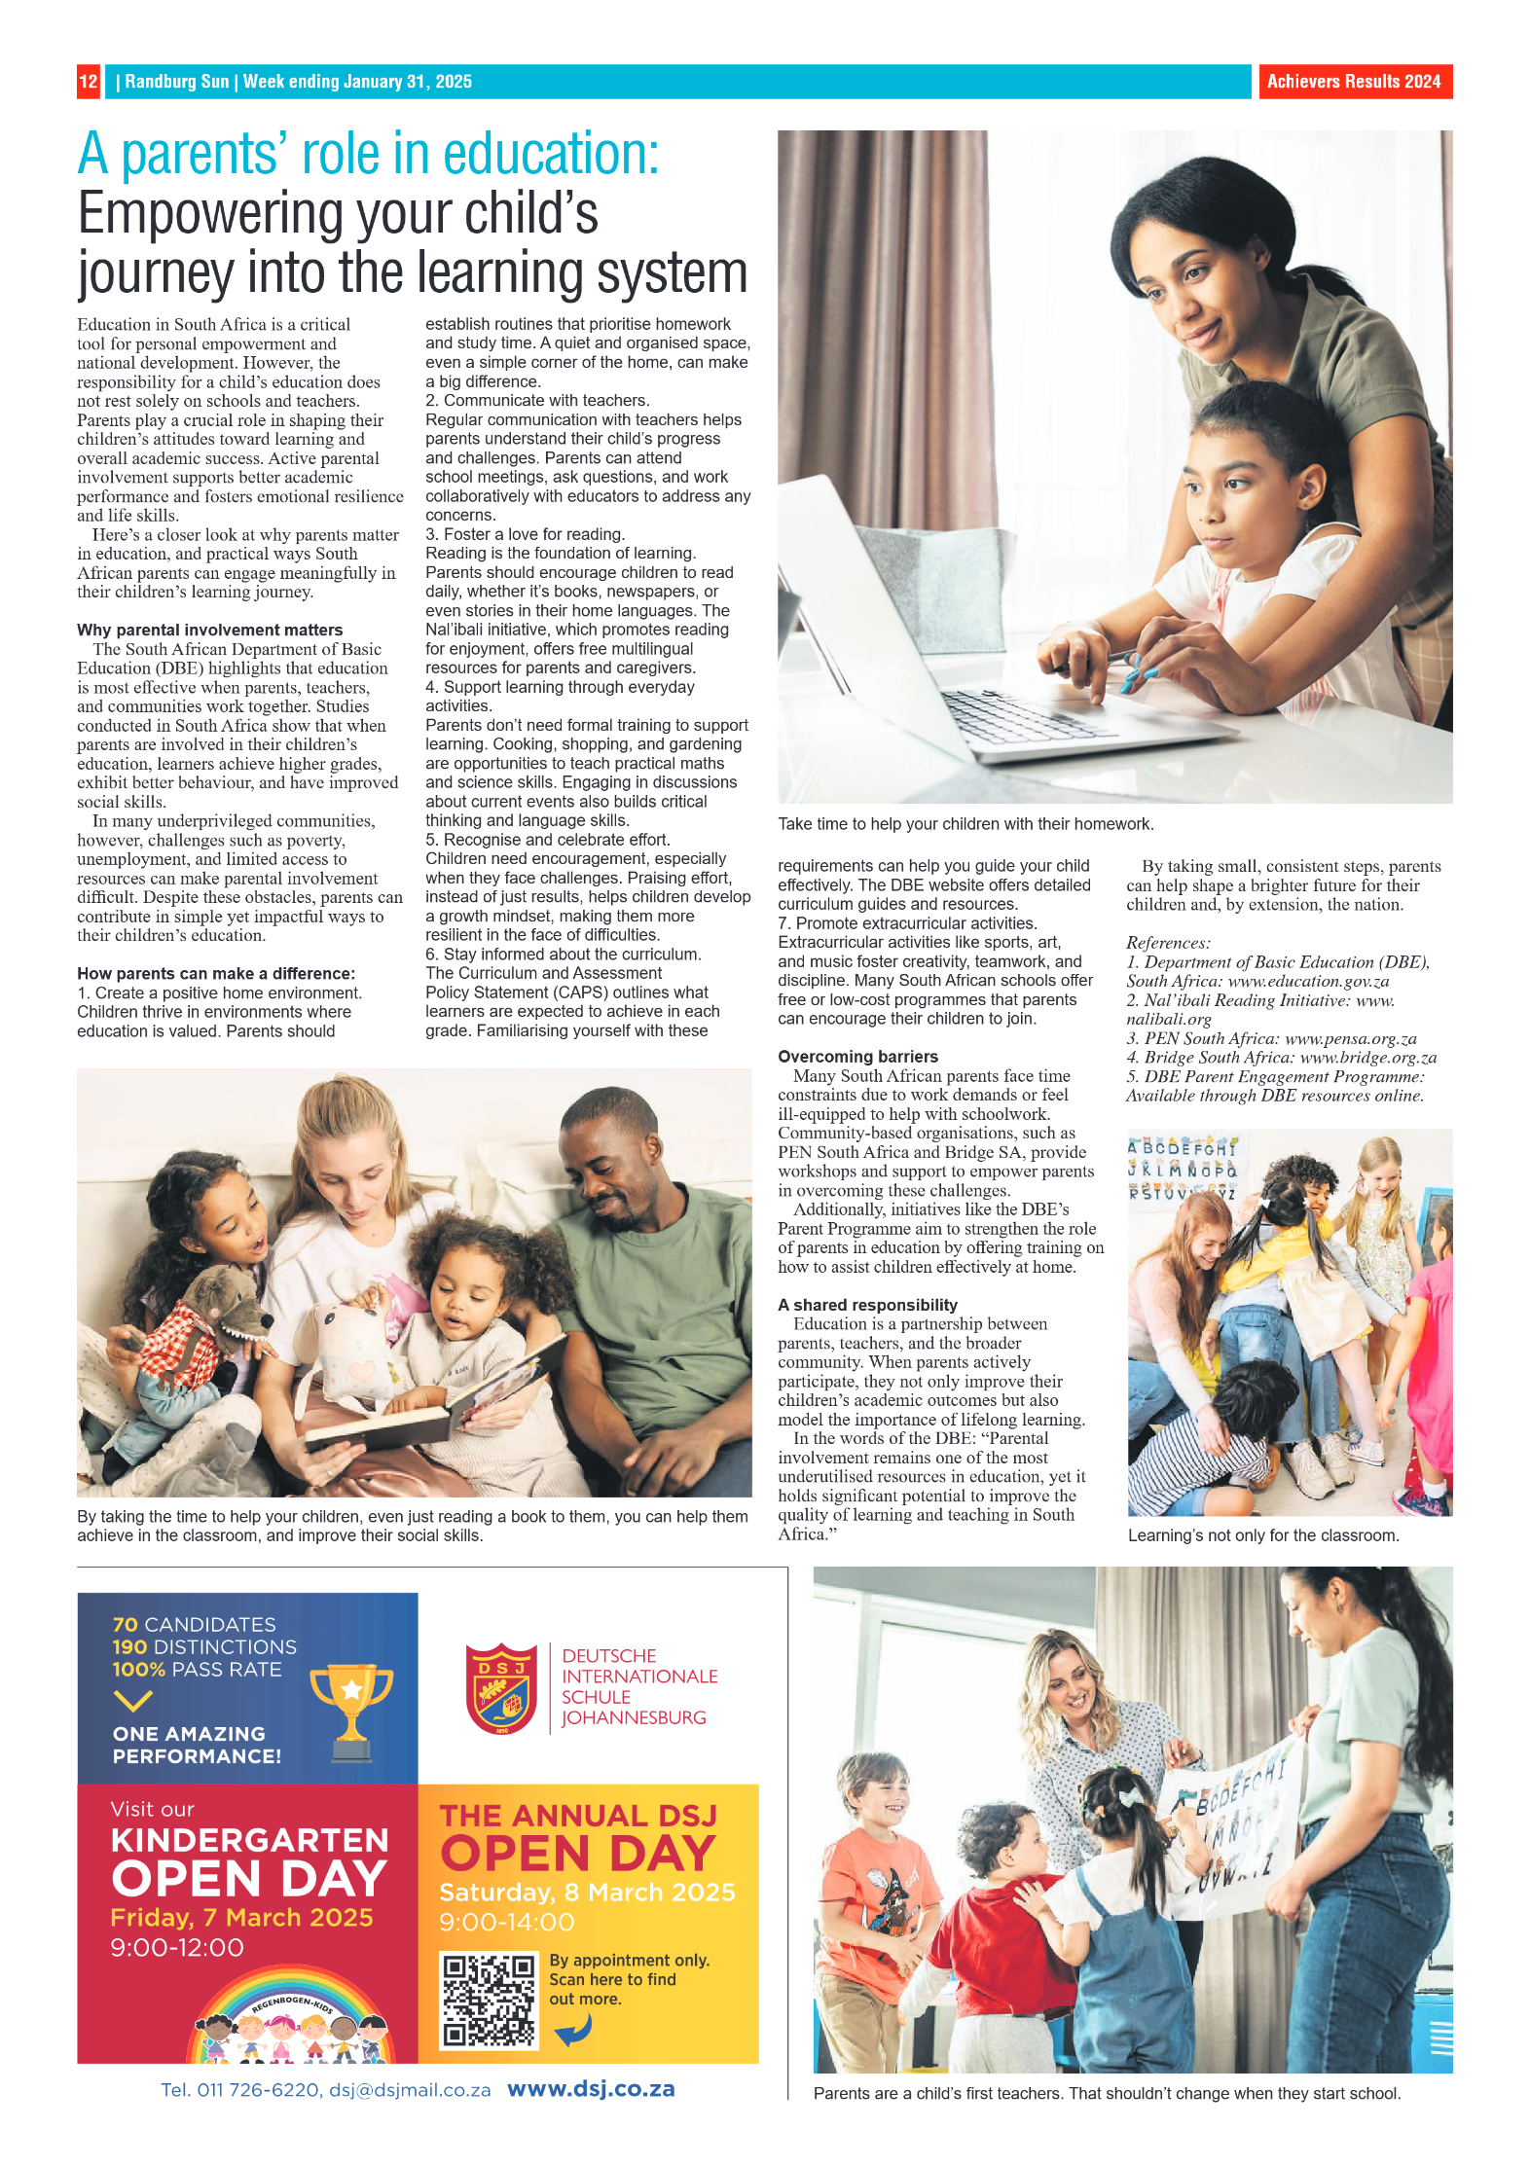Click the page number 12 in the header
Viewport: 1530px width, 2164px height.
(x=88, y=82)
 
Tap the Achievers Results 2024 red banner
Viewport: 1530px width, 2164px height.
(x=1353, y=82)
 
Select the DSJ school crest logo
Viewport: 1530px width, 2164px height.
(x=501, y=1688)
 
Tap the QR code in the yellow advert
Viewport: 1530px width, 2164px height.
(x=489, y=2000)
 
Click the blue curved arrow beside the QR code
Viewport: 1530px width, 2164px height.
(x=574, y=2029)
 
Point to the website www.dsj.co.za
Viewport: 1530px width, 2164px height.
(x=591, y=2089)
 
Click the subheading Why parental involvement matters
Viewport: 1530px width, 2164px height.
(x=209, y=630)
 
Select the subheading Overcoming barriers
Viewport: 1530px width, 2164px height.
(x=857, y=1057)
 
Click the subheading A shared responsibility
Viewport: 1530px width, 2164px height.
(x=867, y=1305)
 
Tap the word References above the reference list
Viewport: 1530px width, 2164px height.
(x=1168, y=943)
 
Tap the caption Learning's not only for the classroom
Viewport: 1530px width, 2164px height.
(x=1262, y=1535)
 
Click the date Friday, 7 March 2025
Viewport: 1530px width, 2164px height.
(x=241, y=1917)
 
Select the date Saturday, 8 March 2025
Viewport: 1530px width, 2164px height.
(x=587, y=1892)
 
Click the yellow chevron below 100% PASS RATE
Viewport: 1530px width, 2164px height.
(x=132, y=1700)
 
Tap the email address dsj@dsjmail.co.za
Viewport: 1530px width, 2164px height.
(x=409, y=2090)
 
